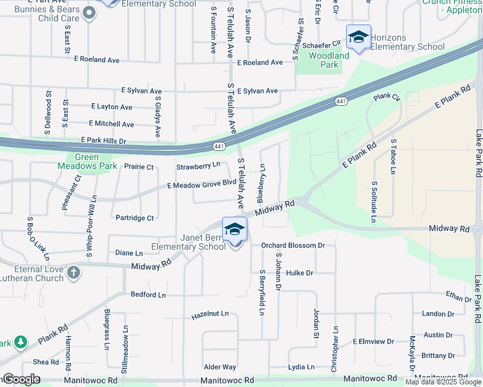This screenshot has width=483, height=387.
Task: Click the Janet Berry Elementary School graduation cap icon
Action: click(234, 230)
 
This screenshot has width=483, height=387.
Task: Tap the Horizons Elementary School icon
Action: click(358, 37)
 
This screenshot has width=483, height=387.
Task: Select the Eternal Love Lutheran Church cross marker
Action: click(73, 272)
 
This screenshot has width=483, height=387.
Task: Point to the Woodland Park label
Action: click(329, 60)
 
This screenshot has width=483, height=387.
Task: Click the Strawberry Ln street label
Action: click(198, 166)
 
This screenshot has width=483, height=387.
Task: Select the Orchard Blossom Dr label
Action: click(293, 245)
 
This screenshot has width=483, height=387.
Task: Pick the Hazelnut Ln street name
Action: click(211, 314)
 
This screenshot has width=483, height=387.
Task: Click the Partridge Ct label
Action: click(135, 218)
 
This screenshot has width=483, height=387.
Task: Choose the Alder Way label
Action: click(220, 367)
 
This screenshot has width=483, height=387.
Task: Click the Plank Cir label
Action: click(387, 97)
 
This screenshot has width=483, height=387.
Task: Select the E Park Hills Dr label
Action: click(103, 140)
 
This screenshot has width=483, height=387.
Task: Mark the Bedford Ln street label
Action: click(149, 294)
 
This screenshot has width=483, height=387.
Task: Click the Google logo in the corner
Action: click(21, 379)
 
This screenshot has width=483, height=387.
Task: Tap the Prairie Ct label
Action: click(139, 167)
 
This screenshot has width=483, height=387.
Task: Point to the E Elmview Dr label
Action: click(373, 341)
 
